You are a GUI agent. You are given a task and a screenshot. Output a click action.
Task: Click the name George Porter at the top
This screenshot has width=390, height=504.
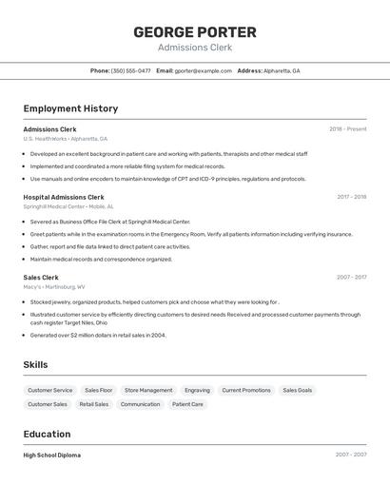(x=195, y=31)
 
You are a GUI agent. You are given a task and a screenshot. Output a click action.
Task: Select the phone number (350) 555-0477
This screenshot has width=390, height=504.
(x=130, y=70)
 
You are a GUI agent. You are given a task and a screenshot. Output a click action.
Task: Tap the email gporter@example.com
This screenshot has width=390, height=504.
(x=203, y=70)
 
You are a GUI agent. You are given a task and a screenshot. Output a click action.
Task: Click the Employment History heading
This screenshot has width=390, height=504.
(x=70, y=108)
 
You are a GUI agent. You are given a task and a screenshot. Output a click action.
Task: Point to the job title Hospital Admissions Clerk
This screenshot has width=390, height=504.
(x=64, y=197)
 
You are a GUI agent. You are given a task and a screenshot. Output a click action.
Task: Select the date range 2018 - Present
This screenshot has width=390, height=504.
(x=347, y=128)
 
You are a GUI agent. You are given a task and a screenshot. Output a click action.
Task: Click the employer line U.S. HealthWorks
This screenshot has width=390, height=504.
(x=65, y=139)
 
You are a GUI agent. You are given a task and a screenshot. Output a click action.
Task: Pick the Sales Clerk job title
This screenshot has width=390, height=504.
(x=41, y=277)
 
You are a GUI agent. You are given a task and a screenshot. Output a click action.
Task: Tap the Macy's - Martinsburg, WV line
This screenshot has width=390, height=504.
(x=54, y=286)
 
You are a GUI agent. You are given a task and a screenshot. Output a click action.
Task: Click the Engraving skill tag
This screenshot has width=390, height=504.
(x=197, y=390)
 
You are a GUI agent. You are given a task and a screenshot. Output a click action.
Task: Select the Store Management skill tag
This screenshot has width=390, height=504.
(x=148, y=390)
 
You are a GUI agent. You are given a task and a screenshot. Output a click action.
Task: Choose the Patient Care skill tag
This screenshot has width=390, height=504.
(x=187, y=404)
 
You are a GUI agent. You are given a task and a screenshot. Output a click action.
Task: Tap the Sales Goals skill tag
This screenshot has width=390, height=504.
(x=298, y=390)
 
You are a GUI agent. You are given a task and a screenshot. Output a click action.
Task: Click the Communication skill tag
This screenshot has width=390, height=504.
(x=140, y=404)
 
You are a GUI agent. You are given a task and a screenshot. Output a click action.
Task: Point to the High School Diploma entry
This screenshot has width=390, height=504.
(x=51, y=455)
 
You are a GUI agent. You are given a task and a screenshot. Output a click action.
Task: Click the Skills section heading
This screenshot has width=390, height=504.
(x=35, y=364)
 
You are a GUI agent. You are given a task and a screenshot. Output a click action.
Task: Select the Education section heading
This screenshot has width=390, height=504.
(x=48, y=434)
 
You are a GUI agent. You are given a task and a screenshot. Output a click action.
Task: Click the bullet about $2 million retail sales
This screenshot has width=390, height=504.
(x=98, y=335)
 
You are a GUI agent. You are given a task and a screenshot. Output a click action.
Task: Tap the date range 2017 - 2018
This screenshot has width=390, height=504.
(x=351, y=197)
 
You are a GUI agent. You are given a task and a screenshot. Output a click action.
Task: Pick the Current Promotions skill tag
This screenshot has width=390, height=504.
(x=246, y=390)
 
